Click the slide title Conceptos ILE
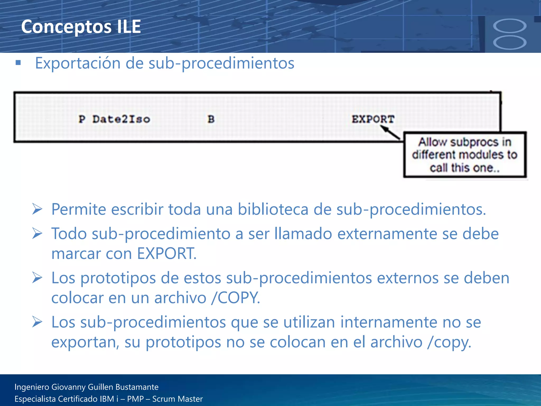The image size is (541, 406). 81,27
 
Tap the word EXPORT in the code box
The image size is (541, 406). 373,119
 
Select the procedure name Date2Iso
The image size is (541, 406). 121,119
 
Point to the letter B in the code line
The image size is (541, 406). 211,119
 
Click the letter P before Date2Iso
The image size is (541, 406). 82,119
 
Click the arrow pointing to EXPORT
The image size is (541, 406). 390,132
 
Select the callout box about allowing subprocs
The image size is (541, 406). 465,155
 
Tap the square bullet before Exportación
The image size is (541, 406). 18,63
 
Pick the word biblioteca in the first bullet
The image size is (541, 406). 273,209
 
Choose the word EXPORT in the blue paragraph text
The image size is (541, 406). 166,253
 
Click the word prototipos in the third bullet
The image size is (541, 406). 118,278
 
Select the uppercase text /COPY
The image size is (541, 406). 235,298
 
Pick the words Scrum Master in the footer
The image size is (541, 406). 178,399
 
